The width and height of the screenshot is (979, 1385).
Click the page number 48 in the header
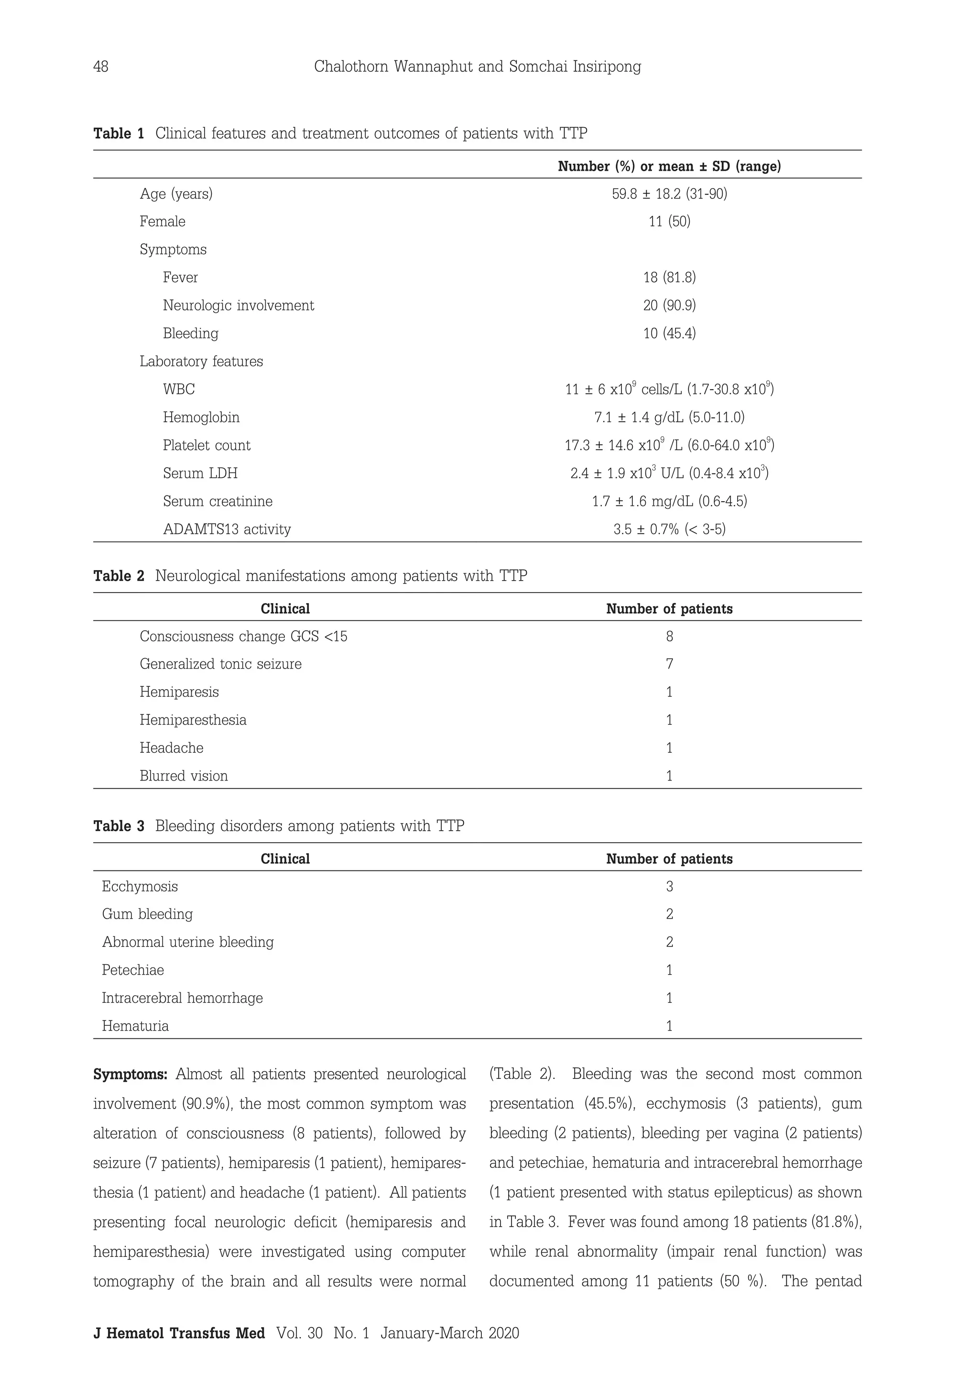(101, 66)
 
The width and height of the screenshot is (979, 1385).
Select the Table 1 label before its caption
(119, 133)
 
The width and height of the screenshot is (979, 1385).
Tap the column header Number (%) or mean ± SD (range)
(669, 166)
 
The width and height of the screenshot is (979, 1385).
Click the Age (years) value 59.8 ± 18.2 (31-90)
(669, 194)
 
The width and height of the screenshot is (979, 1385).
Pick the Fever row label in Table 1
(180, 277)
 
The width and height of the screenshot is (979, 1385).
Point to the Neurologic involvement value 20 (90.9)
(669, 306)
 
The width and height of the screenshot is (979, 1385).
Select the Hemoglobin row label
(201, 418)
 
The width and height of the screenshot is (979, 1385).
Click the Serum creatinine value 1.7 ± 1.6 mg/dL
(669, 501)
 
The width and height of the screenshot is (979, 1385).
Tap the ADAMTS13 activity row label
(227, 529)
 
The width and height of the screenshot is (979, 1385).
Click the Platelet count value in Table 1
(669, 446)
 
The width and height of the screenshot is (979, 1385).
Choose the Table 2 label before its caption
(119, 576)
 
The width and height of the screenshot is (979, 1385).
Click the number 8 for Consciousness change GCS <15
(669, 637)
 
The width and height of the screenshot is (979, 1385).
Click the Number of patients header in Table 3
(669, 859)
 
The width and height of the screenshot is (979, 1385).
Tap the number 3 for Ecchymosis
(669, 887)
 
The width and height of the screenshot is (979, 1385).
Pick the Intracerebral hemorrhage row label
(182, 998)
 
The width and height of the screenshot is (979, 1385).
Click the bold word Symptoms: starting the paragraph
(130, 1074)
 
